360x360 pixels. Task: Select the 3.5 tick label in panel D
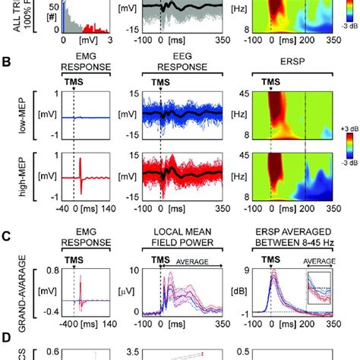click(x=134, y=351)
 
